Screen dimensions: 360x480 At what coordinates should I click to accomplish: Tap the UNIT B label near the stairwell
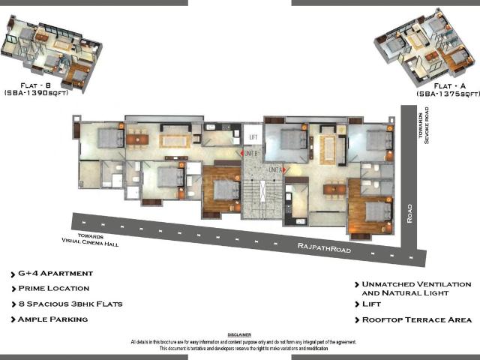click(x=251, y=154)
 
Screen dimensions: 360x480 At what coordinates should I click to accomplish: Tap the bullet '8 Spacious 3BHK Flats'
click(x=67, y=304)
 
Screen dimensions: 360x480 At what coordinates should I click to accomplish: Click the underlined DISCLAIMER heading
click(x=239, y=334)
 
